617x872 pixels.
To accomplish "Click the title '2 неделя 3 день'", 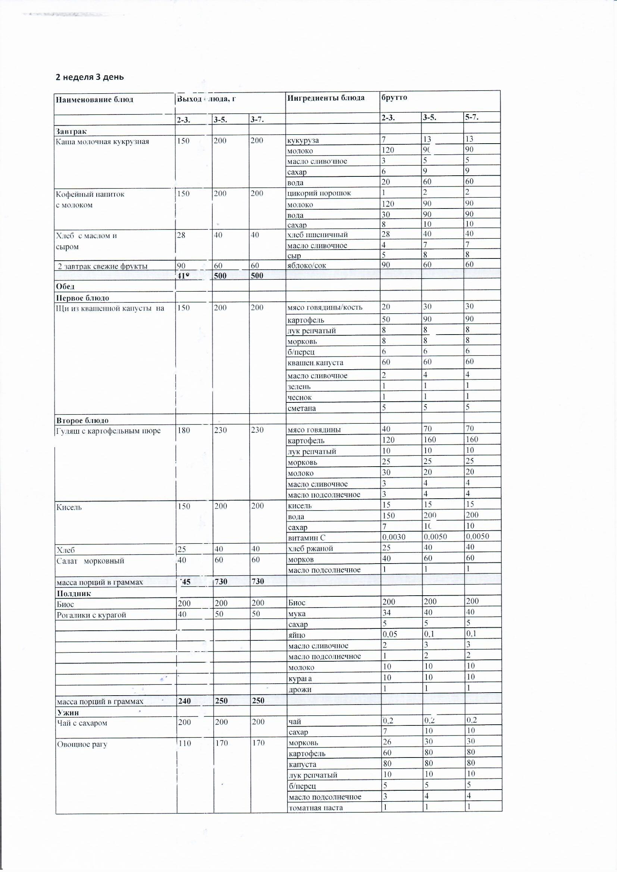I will pos(90,77).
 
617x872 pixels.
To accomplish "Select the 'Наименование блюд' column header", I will pos(94,100).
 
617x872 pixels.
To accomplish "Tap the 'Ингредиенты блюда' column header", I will pos(326,98).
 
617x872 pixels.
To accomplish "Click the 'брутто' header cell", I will pos(394,97).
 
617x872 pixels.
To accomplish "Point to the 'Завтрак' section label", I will pos(71,131).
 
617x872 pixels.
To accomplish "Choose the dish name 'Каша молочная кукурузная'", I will pos(102,142).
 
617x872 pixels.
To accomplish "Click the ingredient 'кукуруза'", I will pos(303,141).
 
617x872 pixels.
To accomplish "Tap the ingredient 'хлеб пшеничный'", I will pos(317,235).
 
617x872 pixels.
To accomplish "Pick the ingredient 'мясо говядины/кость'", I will pos(325,307).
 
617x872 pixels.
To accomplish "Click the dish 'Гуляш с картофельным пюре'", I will pos(108,431).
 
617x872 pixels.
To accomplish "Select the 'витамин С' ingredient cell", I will pos(307,538).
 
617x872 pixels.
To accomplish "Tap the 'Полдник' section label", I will pos(74,594).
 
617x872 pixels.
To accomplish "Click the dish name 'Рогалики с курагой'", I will pos(91,615).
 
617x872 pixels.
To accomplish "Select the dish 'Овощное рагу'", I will pos(82,744).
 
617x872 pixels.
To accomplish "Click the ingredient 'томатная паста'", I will pos(315,808).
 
